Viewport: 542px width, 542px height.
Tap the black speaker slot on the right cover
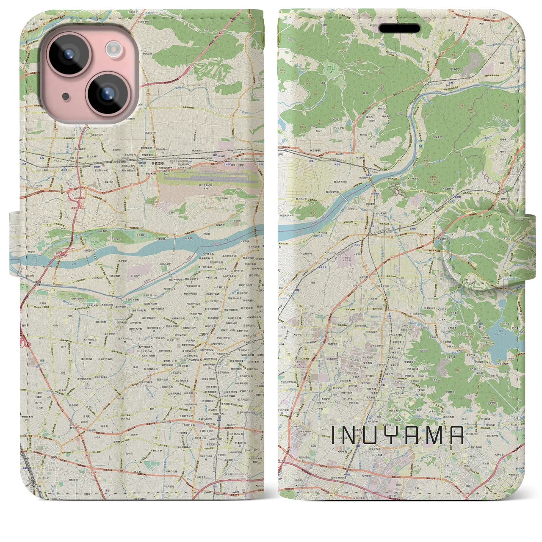399,28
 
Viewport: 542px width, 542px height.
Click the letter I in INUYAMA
333,435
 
